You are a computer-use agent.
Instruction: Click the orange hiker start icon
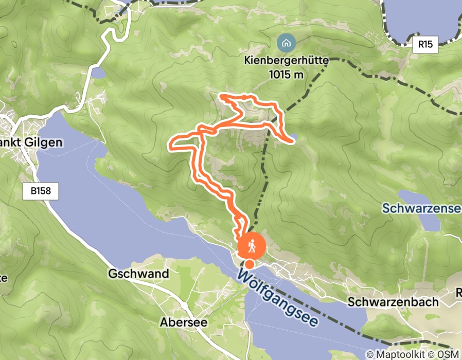click(252, 245)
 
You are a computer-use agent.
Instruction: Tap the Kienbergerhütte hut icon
click(286, 42)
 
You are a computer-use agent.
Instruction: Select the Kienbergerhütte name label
click(286, 60)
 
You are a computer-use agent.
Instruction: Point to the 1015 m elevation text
click(286, 74)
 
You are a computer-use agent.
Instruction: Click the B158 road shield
click(40, 192)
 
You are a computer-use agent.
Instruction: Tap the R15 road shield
click(425, 44)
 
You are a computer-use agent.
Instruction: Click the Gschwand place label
click(138, 274)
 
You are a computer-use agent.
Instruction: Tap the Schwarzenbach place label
click(393, 302)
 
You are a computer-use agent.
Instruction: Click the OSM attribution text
click(447, 354)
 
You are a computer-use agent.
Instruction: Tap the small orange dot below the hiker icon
click(250, 264)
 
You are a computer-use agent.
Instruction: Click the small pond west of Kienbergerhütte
click(98, 73)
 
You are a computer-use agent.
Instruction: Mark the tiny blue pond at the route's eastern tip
click(293, 137)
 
